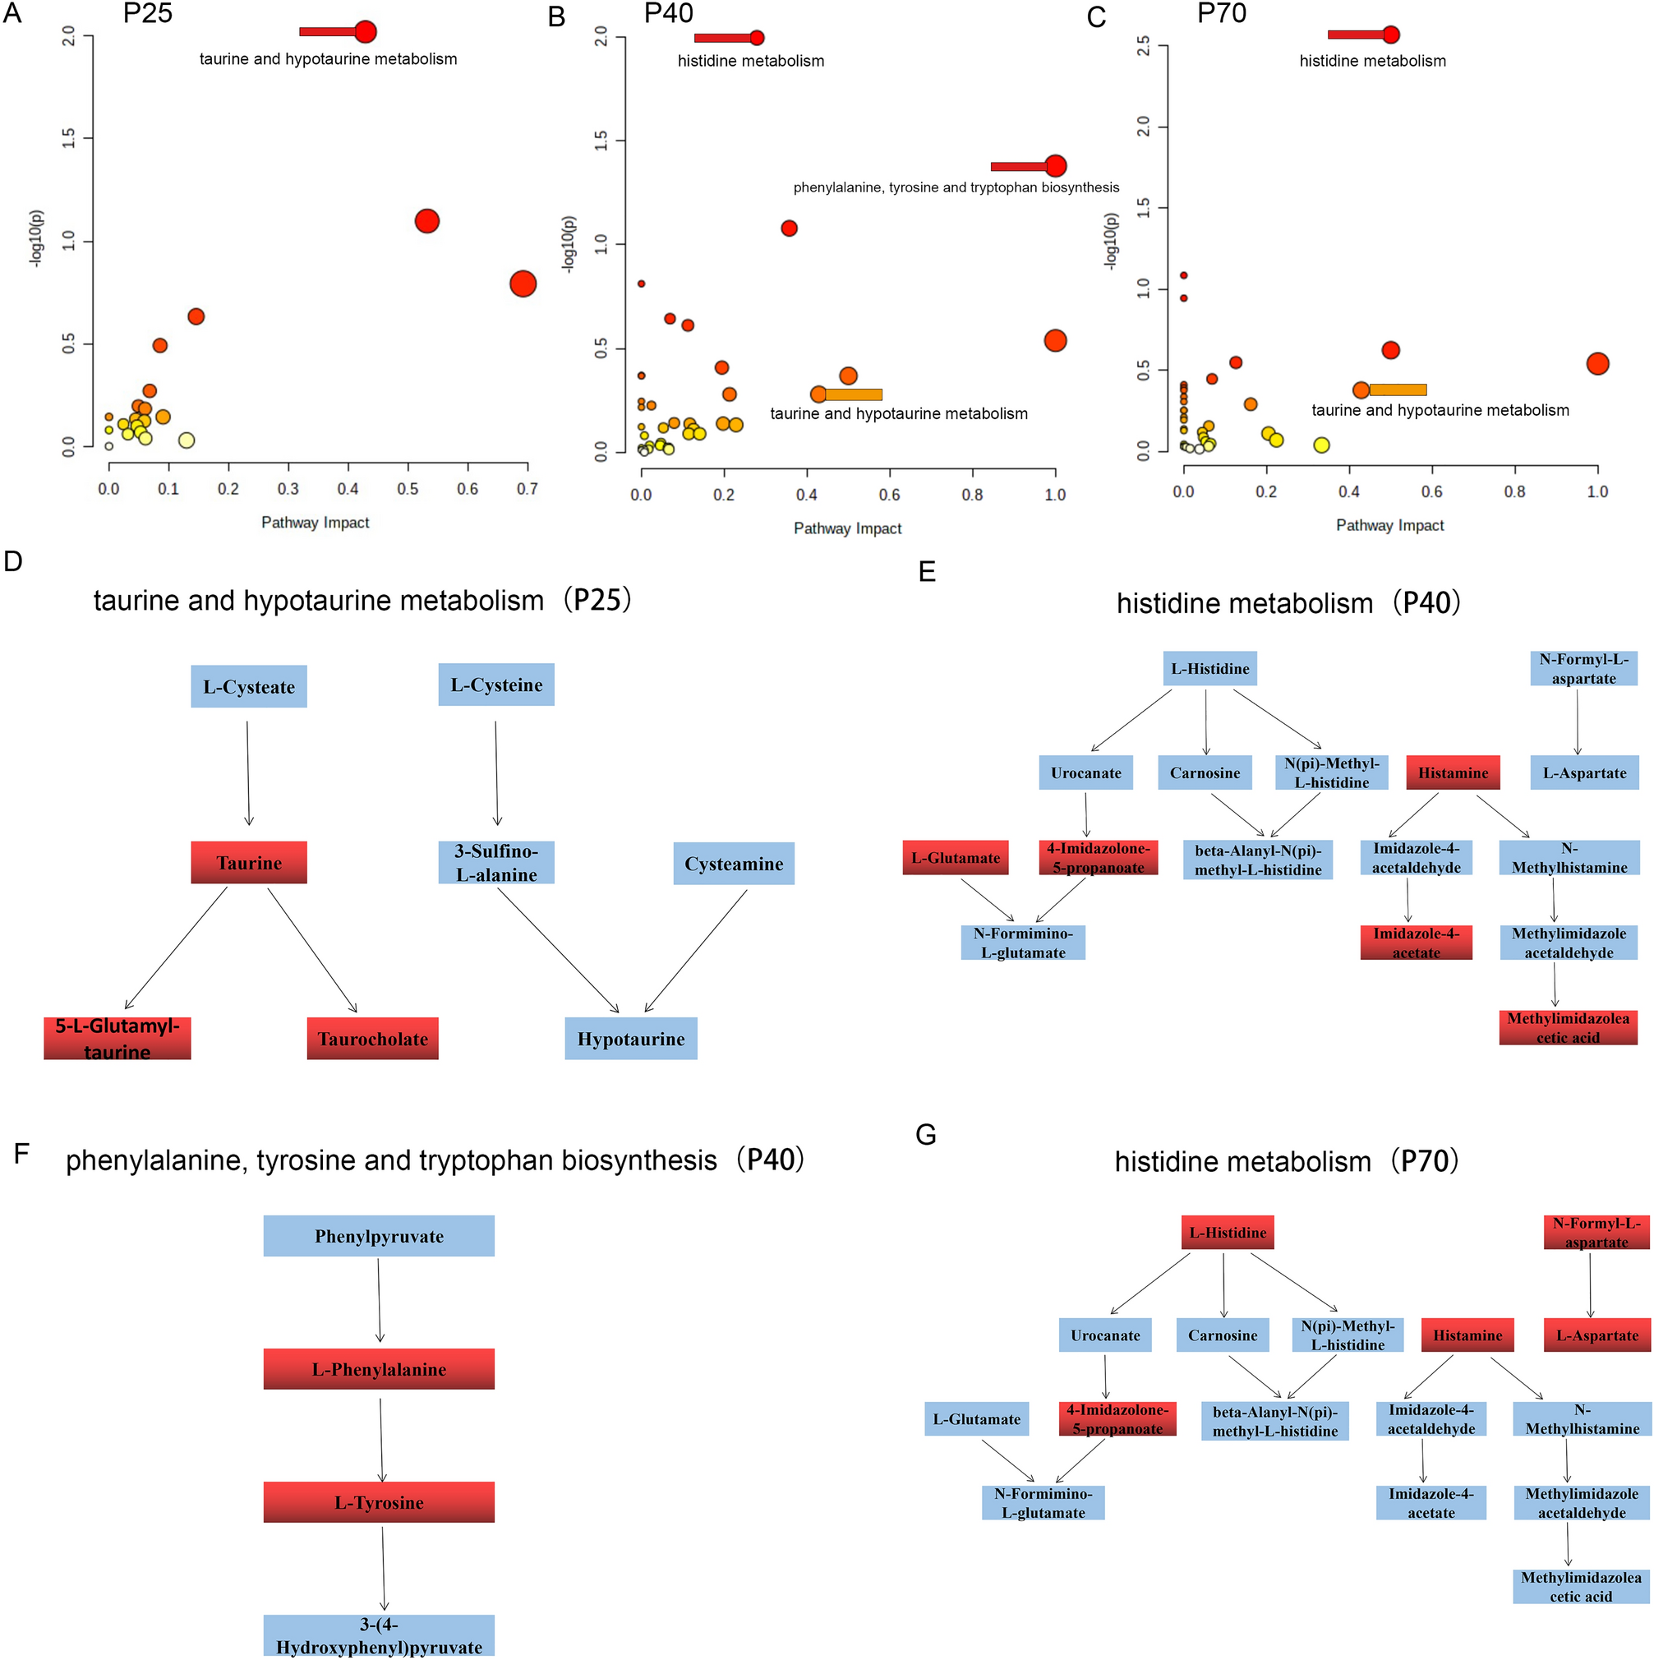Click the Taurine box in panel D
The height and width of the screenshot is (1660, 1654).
coord(248,862)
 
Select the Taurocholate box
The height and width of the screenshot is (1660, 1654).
coord(372,1038)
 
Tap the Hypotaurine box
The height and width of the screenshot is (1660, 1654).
coord(631,1038)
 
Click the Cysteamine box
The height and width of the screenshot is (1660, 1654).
coord(733,864)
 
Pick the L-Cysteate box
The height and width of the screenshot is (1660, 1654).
coord(248,686)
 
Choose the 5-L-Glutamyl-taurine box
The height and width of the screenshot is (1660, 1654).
coord(117,1038)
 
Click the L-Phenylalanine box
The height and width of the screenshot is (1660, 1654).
coord(378,1369)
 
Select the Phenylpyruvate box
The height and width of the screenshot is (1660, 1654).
coord(378,1235)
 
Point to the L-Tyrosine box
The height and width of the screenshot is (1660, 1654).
coord(378,1502)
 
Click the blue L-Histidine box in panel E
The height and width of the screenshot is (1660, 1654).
coord(1209,668)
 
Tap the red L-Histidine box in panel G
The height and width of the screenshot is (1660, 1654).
coord(1227,1232)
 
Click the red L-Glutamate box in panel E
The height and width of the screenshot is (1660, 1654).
coord(955,857)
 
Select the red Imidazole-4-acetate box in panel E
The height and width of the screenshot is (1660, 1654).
coord(1416,943)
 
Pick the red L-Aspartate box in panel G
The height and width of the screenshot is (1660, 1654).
coord(1596,1335)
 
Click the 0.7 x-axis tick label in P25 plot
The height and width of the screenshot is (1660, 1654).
coord(527,489)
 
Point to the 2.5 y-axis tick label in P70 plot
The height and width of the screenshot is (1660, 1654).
coord(1143,45)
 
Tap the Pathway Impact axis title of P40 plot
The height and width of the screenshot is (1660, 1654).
coord(847,528)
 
